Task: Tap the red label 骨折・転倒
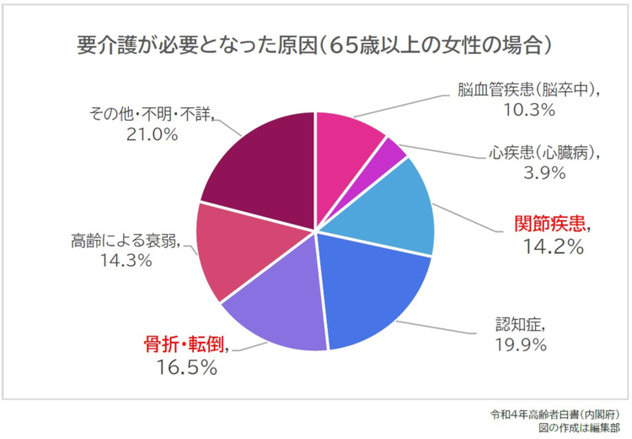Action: pos(186,345)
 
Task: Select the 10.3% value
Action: pos(530,109)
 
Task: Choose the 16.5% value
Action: pos(187,367)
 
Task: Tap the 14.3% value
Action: pos(124,261)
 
